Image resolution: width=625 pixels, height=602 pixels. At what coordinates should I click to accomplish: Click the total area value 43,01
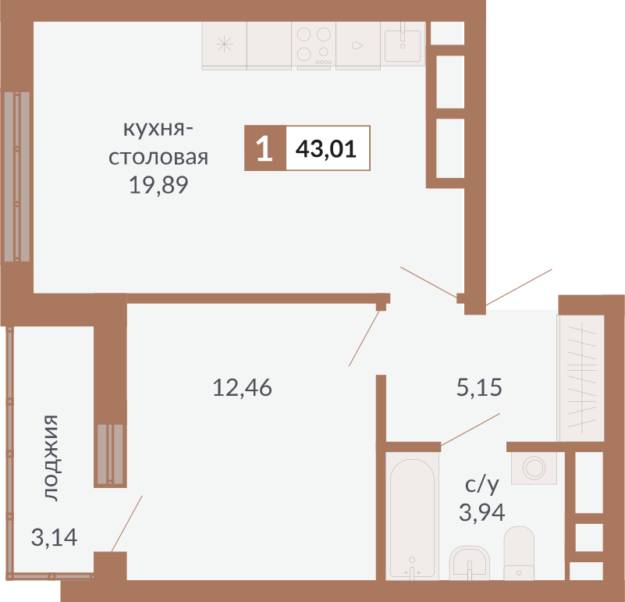(326, 148)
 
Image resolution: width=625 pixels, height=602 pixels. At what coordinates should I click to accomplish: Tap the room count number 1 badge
(265, 148)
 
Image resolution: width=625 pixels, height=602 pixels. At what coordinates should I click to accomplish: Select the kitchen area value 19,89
(159, 186)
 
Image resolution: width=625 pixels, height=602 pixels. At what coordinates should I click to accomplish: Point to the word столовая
(158, 157)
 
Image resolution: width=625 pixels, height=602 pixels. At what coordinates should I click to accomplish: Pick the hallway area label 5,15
(479, 386)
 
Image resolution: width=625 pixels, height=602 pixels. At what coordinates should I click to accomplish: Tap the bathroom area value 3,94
(481, 512)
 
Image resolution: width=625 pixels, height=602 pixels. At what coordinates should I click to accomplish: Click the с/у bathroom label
(481, 485)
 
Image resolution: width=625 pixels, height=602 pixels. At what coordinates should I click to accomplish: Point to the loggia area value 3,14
(54, 537)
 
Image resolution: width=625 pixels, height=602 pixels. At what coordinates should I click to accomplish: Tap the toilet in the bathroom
(519, 552)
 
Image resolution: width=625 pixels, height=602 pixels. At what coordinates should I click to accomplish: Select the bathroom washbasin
(470, 561)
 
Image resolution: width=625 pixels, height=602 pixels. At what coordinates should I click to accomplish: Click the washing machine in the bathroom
(534, 468)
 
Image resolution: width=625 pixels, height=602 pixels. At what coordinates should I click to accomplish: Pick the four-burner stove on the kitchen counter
(314, 45)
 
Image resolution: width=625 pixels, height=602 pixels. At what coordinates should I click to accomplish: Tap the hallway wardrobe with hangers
(581, 378)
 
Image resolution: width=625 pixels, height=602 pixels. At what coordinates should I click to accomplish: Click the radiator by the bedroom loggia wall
(110, 454)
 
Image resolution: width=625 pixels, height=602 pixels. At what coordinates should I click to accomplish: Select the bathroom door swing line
(471, 429)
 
